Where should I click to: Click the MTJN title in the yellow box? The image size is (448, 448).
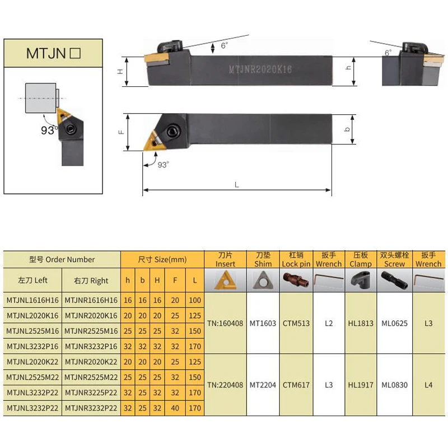[46, 53]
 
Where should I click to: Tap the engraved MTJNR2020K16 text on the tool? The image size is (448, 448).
[260, 69]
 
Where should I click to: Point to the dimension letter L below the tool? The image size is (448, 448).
[236, 185]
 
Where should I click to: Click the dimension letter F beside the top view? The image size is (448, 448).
[122, 132]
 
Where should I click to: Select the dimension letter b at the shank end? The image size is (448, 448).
[347, 129]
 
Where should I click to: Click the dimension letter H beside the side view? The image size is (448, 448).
[120, 72]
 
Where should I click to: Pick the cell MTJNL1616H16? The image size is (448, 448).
[32, 300]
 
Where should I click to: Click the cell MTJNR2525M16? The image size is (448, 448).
[91, 331]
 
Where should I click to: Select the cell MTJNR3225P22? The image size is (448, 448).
[91, 393]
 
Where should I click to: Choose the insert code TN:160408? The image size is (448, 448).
[225, 324]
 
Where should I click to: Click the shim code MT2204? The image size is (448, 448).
[263, 385]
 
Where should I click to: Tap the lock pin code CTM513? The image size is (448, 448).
[296, 324]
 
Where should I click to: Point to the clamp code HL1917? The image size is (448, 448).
[361, 385]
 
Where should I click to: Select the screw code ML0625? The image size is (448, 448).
[395, 324]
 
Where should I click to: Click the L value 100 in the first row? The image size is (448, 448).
[195, 300]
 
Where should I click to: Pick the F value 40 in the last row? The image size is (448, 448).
[175, 408]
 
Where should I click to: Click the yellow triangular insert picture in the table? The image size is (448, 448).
[226, 281]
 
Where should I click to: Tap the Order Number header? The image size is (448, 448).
[62, 259]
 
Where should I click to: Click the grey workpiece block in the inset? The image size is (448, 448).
[40, 98]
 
